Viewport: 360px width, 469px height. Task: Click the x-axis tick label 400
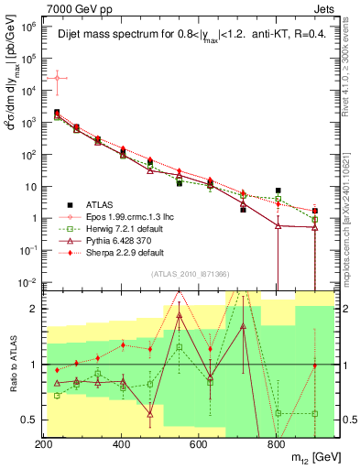pos(122,444)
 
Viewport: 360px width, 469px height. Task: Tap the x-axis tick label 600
pos(199,444)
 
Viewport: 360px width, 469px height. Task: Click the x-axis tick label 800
pos(277,444)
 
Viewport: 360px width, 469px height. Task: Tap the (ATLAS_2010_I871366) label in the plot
pos(189,274)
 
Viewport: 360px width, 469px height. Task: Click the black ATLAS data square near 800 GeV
pos(278,191)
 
